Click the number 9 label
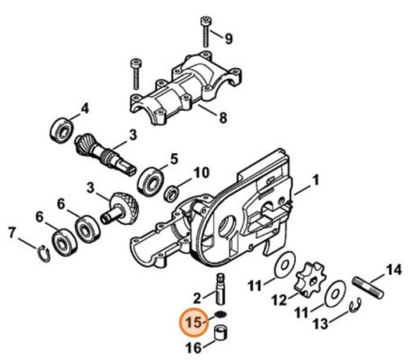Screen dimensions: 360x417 (229, 38)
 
